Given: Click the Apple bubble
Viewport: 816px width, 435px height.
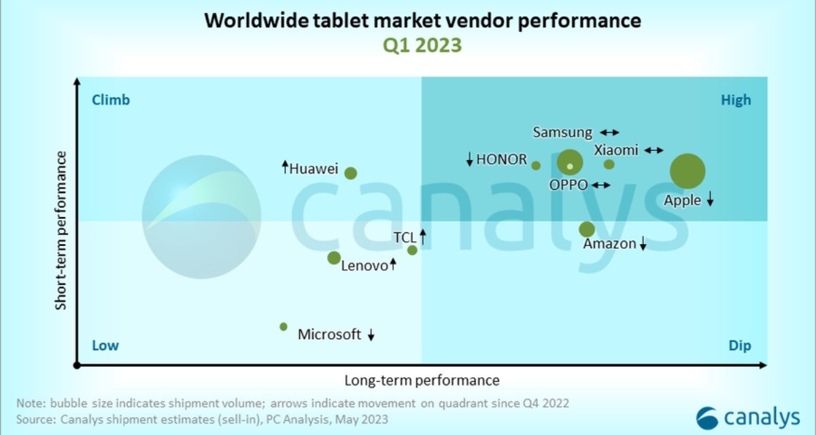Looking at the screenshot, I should [687, 171].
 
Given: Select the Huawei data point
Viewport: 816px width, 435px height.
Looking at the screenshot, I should [350, 173].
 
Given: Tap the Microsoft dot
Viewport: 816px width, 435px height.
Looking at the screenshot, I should [284, 327].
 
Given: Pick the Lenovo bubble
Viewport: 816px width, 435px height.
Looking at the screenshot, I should [334, 258].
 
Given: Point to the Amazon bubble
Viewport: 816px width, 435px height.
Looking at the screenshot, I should [586, 230].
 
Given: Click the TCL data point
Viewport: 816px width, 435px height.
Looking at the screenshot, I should [412, 250].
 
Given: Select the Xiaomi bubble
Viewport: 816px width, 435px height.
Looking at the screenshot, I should [609, 164].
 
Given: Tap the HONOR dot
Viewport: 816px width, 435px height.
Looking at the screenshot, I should [536, 165].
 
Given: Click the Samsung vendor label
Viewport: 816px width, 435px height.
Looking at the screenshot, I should [562, 133].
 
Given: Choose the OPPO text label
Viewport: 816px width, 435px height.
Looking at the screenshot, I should [568, 185].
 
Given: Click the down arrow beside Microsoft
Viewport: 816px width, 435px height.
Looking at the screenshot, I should [371, 334].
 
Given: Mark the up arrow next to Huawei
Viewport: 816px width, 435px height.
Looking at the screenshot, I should [285, 167].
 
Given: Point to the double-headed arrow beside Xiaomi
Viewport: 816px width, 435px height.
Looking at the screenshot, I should [653, 150].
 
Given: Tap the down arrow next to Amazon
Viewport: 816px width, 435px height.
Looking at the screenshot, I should [643, 244].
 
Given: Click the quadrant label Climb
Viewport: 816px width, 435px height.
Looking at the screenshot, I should [110, 101].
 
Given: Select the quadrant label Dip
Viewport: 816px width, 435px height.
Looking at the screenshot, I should [740, 346].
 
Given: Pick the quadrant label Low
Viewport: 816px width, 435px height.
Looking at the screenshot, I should [105, 346].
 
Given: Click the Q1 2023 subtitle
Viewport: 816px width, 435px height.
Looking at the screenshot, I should [422, 46].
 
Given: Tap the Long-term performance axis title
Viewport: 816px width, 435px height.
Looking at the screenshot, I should [422, 381].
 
